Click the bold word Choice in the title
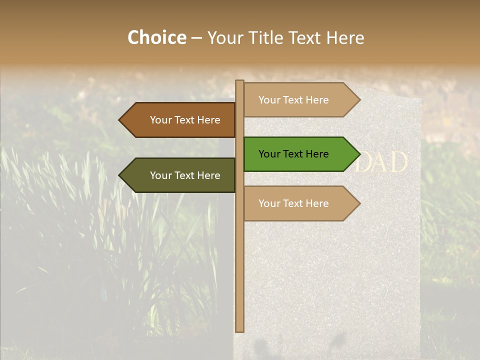(156, 37)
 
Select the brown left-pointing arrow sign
(180, 120)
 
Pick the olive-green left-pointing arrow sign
(180, 175)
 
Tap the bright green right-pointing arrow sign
(300, 154)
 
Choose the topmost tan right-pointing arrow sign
(300, 100)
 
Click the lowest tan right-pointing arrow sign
(300, 203)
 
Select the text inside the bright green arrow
(293, 154)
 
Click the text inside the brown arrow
(185, 120)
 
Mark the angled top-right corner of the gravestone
(419, 99)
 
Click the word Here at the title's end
(345, 38)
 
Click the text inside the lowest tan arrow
(293, 203)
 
